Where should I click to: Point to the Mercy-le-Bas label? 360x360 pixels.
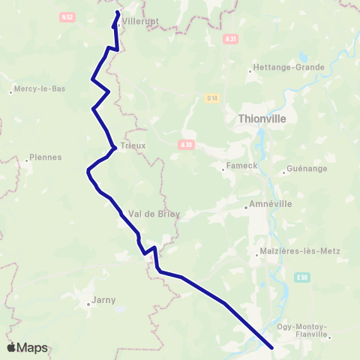click(x=37, y=88)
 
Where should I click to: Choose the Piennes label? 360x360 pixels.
click(x=44, y=157)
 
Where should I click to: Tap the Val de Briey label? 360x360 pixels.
click(x=154, y=214)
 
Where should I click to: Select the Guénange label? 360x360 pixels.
click(x=307, y=169)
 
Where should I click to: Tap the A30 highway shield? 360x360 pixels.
click(x=187, y=145)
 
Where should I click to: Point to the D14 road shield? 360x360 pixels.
click(x=211, y=97)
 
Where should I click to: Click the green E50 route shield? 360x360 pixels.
click(x=301, y=277)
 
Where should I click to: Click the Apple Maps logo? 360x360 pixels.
click(x=27, y=347)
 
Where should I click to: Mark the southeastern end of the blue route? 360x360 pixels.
click(x=271, y=347)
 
